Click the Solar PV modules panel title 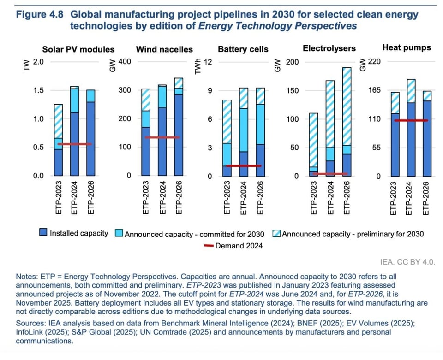[x=78, y=49]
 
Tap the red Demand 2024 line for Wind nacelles [x=162, y=137]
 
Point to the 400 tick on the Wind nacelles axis [x=125, y=62]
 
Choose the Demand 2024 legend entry [x=233, y=246]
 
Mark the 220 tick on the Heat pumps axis [x=374, y=62]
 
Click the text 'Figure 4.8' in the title [x=41, y=14]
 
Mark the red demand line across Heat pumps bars [x=411, y=120]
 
